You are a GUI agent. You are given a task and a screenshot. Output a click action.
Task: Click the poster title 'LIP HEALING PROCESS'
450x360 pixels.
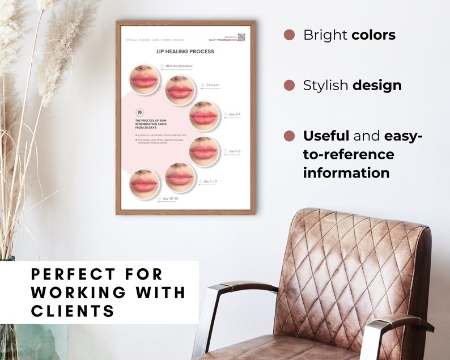[185, 52]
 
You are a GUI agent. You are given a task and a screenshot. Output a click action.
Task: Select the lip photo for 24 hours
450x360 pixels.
[180, 91]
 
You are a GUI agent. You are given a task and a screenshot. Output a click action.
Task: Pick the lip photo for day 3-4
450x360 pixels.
[203, 116]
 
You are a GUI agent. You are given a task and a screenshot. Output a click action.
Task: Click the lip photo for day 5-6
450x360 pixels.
[203, 151]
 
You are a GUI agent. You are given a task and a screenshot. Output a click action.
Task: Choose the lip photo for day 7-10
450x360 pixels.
[180, 177]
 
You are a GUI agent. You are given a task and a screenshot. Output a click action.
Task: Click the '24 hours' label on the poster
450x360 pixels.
[212, 85]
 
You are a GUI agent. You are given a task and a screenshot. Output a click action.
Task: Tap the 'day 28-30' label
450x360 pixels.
[170, 199]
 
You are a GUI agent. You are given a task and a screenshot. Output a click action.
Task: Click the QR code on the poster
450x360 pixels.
[241, 37]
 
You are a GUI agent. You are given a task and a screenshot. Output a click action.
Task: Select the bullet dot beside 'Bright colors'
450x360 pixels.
[289, 35]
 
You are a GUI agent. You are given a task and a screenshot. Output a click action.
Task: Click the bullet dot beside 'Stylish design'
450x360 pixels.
[289, 86]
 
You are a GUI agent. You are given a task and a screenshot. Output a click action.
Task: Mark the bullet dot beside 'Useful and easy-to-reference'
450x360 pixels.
[289, 136]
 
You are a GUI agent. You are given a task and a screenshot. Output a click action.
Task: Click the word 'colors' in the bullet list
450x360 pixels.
[373, 35]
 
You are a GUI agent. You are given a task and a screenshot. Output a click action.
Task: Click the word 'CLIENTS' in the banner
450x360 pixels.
[72, 311]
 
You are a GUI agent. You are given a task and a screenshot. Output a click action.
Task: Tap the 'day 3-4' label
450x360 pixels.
[234, 115]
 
